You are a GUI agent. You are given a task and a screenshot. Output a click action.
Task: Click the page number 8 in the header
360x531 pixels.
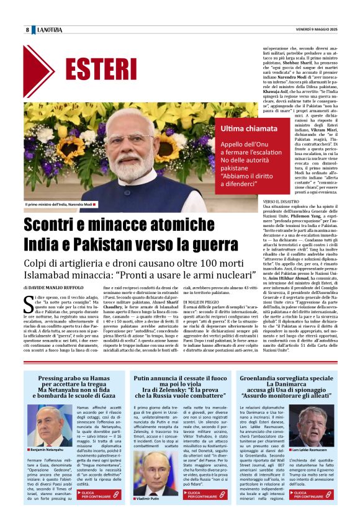[x=27, y=30]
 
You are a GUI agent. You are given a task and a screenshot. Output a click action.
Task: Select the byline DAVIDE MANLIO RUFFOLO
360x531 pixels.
[x=55, y=288]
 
